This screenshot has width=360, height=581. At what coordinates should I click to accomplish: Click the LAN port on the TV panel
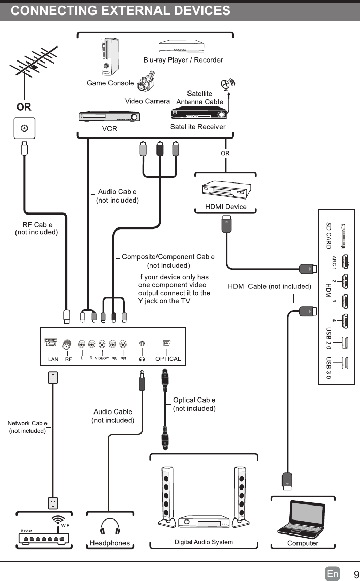click(53, 343)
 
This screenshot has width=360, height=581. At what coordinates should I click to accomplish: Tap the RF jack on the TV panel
click(67, 344)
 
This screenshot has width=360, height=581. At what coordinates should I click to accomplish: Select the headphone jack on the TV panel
click(142, 343)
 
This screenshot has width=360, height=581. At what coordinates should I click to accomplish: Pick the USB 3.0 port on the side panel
click(345, 364)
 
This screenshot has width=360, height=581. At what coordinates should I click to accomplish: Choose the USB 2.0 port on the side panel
click(345, 342)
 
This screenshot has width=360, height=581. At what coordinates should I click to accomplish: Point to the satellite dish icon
click(226, 85)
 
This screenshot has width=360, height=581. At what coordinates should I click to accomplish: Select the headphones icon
click(109, 527)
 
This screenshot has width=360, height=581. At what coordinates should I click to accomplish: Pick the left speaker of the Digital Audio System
click(167, 496)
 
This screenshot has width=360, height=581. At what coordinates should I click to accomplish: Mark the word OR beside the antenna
click(24, 107)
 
